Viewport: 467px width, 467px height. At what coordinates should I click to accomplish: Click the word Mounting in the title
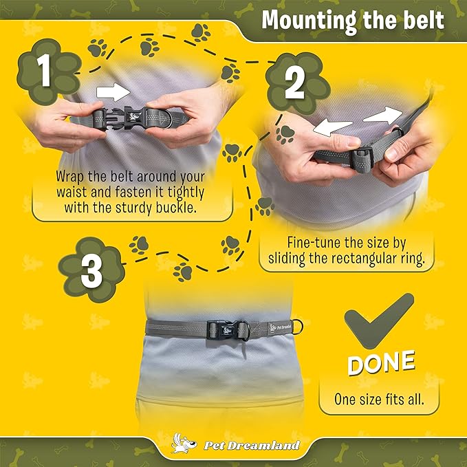click(309, 21)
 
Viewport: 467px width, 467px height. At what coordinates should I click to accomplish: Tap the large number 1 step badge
click(47, 72)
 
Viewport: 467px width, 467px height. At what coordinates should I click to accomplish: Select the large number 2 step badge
click(296, 84)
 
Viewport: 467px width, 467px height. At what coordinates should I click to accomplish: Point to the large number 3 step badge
click(91, 270)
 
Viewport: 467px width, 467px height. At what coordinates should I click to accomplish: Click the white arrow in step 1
click(113, 92)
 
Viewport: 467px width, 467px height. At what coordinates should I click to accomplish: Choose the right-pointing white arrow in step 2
click(383, 116)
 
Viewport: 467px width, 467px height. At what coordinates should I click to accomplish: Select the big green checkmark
click(379, 321)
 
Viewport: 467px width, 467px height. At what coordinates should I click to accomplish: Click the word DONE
click(381, 362)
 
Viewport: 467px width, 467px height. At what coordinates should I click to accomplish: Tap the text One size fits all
click(379, 399)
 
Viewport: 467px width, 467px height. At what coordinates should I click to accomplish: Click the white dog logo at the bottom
click(184, 444)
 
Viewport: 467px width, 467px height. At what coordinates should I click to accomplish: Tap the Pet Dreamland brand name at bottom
click(252, 445)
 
